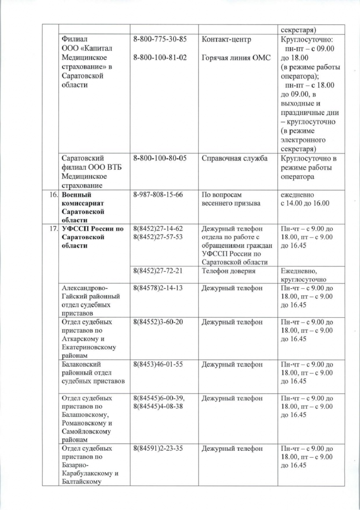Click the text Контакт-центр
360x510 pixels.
coord(227,39)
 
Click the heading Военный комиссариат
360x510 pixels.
coord(82,199)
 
